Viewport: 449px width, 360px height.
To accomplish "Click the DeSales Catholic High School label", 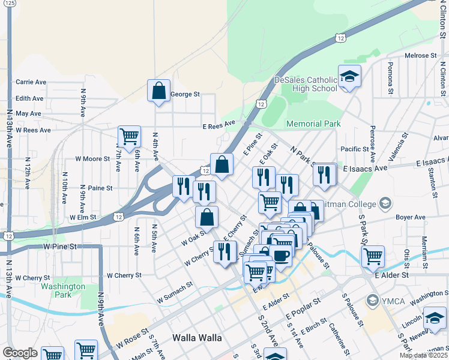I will tap(306, 84).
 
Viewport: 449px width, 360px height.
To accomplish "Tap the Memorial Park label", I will tap(313, 124).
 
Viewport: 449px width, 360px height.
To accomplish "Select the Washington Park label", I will tap(63, 290).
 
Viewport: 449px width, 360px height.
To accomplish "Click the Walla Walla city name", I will tap(197, 337).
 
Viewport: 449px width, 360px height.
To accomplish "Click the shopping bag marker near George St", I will tap(159, 91).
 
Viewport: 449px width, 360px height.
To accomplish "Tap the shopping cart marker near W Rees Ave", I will tap(129, 137).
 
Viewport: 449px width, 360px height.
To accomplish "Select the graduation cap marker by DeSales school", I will tap(349, 76).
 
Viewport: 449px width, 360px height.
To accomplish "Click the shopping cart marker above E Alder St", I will tap(373, 256).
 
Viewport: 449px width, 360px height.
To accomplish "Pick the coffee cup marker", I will tap(280, 256).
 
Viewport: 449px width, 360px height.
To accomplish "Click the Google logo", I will tap(20, 353).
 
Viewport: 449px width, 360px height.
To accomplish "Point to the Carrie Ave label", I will tap(31, 82).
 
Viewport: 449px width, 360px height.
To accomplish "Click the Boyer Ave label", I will tap(411, 217).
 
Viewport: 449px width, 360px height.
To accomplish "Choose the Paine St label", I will tap(100, 188).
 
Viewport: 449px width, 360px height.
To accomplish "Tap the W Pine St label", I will tap(61, 247).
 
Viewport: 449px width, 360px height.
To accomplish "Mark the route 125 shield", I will tap(10, 4).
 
